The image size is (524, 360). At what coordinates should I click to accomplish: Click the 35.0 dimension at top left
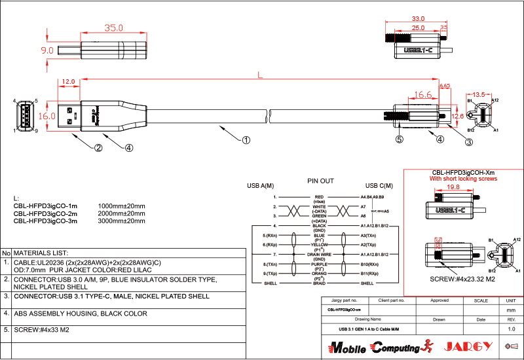point(114,28)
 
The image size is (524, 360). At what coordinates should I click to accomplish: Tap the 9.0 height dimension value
point(47,50)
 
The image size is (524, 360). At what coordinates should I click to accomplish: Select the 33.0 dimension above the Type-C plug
point(417,19)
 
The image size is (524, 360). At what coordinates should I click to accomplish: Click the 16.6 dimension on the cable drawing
point(423,96)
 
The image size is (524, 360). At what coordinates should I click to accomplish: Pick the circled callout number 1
point(246,139)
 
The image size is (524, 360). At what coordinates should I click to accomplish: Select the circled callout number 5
point(399,139)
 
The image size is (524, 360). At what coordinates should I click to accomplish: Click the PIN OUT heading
point(320,181)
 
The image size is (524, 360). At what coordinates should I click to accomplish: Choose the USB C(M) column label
point(379,186)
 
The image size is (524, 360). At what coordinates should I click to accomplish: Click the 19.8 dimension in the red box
point(453,187)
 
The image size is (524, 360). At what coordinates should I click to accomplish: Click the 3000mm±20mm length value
point(121,221)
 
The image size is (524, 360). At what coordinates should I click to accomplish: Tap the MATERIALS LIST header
point(41,252)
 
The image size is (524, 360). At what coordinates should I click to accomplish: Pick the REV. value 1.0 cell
point(512,329)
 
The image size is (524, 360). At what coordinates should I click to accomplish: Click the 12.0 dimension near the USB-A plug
point(67,82)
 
